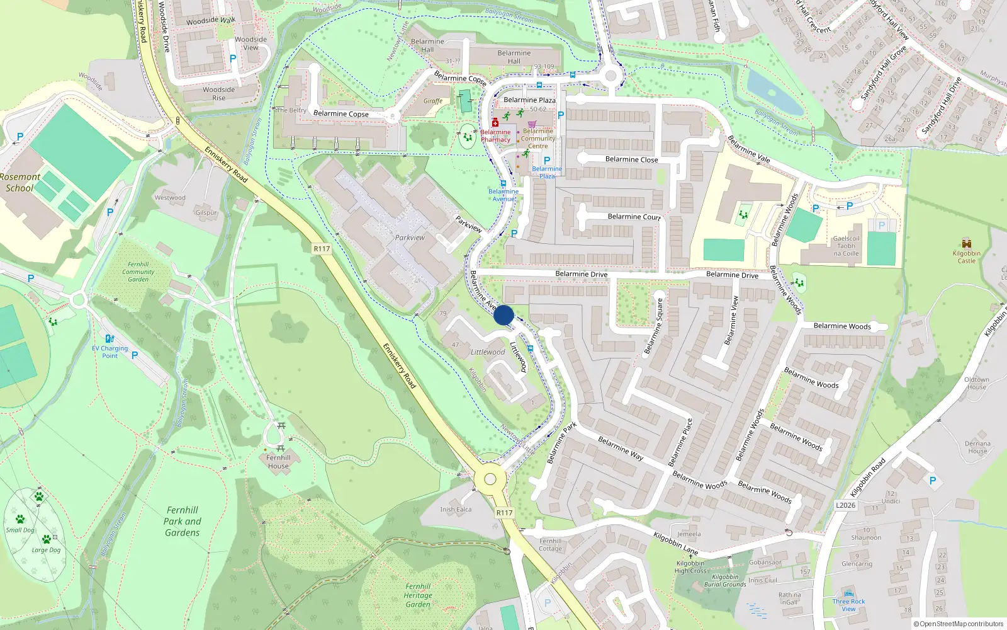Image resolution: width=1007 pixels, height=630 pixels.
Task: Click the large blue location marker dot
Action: tap(503, 315)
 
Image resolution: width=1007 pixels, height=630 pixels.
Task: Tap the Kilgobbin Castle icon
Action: tap(967, 244)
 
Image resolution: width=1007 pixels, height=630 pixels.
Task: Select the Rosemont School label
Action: tap(20, 182)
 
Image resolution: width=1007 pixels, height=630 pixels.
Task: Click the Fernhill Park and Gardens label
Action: tap(183, 521)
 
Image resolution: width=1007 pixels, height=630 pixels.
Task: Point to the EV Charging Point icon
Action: tap(110, 339)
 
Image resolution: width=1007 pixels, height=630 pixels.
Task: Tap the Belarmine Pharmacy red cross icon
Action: tap(495, 123)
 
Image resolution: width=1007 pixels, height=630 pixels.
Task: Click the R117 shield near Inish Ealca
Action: tap(504, 513)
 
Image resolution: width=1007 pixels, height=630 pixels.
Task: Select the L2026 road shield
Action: tap(846, 505)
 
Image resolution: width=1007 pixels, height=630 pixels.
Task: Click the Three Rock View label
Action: tap(848, 605)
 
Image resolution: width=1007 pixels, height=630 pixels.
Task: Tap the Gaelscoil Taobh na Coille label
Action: tap(846, 246)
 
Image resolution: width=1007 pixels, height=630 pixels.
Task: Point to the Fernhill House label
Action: tap(278, 462)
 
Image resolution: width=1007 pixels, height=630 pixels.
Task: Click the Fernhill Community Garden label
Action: tap(138, 272)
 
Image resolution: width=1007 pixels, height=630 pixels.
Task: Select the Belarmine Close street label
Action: tap(631, 159)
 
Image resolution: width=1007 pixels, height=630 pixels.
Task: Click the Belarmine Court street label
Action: tap(634, 217)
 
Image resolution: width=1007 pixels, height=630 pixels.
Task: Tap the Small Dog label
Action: tap(20, 530)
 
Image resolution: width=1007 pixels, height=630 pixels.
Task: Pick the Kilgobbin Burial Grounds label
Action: tap(725, 580)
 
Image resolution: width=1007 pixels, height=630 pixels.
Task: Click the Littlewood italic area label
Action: tap(488, 352)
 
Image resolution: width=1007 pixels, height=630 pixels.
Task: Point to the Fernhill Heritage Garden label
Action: tap(418, 595)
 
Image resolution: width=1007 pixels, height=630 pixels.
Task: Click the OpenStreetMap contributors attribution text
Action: tap(959, 624)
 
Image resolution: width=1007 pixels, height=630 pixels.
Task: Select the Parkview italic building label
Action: tap(410, 238)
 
